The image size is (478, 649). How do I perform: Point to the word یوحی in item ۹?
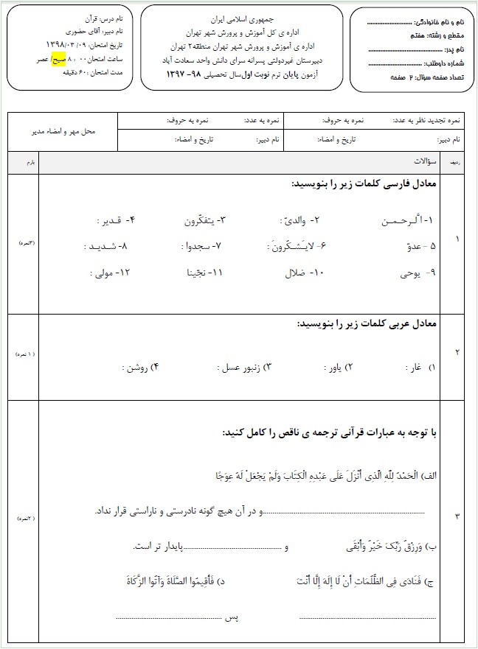pos(409,273)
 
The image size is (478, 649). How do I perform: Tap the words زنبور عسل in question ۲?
pos(233,366)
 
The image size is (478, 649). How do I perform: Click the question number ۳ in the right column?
pos(457,516)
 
